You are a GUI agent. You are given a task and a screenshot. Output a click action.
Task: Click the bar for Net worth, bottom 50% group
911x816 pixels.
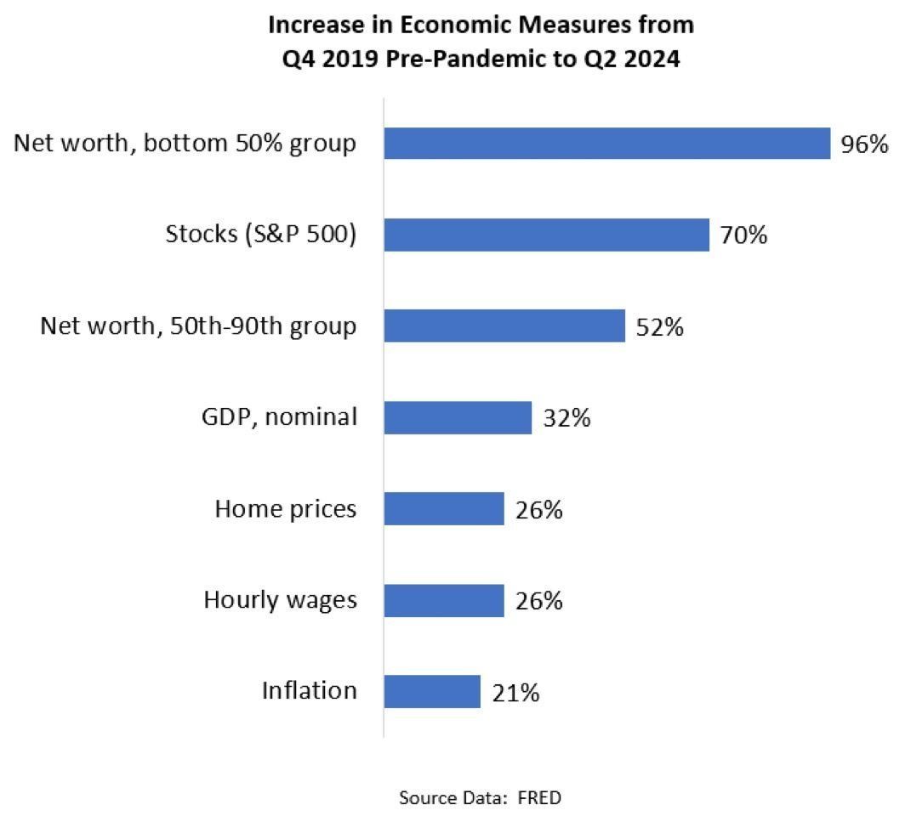(607, 144)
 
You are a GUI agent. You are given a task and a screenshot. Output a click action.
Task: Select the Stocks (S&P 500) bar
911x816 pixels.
(547, 235)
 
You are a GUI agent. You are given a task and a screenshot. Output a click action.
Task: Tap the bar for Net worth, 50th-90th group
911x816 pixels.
(504, 326)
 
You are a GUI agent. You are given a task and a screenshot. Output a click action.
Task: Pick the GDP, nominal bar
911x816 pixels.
(458, 417)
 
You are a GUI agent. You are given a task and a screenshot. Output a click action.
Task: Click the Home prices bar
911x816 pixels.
(444, 509)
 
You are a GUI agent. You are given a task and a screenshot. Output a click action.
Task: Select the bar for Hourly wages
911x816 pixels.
(444, 601)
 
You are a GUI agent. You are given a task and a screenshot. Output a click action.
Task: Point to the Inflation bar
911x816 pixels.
(432, 692)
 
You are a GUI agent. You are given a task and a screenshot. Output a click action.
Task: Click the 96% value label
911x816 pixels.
(864, 144)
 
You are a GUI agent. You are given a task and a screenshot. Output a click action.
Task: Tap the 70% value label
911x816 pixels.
(743, 235)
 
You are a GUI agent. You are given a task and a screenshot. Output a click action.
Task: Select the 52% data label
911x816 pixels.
(659, 327)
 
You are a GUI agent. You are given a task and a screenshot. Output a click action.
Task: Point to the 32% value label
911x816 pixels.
(567, 418)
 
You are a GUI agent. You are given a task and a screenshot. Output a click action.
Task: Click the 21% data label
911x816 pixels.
(515, 693)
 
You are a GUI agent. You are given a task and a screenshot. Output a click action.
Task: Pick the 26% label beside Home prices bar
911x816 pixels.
(538, 510)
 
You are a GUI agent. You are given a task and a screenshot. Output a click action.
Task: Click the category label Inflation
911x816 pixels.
(309, 690)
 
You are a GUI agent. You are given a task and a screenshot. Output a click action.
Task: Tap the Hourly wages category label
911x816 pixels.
(280, 600)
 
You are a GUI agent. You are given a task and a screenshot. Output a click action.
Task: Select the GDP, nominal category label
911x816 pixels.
(279, 417)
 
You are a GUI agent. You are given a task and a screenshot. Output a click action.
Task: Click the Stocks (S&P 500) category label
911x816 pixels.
(261, 234)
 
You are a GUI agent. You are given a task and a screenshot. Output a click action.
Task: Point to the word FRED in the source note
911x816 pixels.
(539, 798)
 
